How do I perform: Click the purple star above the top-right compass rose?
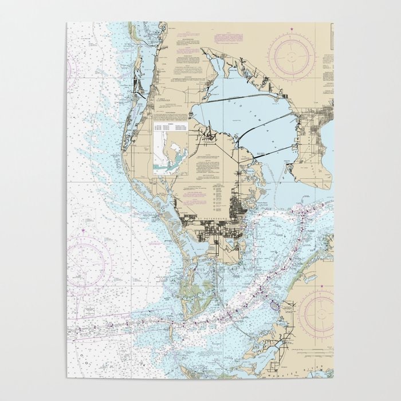(291, 29)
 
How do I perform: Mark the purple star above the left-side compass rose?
(83, 230)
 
